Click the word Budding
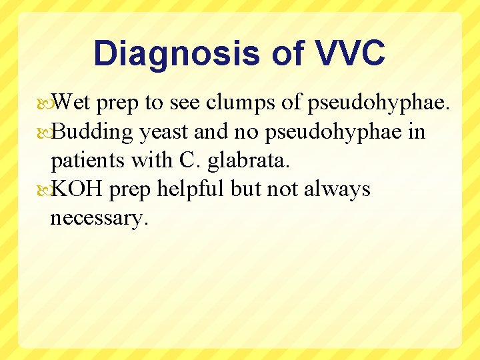(x=93, y=132)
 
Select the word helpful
(x=193, y=189)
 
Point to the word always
(x=337, y=189)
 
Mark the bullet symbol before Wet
(x=45, y=103)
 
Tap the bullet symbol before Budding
(x=45, y=133)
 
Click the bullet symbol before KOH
(x=45, y=190)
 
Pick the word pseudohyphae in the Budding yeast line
(x=333, y=132)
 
